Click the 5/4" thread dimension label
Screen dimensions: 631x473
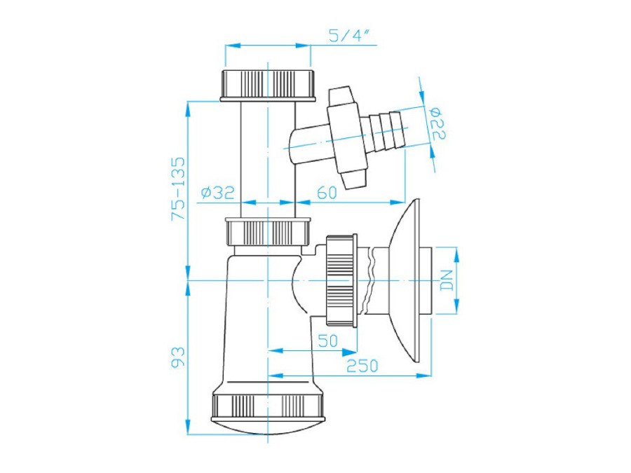point(349,36)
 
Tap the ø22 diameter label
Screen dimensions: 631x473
point(437,123)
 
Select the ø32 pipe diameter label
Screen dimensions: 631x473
point(217,193)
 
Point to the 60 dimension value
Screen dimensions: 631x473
point(327,193)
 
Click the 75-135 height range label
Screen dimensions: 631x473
point(178,188)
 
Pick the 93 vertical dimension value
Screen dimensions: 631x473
point(178,357)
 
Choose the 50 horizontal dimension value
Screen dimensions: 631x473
point(328,341)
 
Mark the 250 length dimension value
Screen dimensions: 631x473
point(362,366)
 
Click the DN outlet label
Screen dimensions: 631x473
point(447,280)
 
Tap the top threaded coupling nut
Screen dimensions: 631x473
point(267,85)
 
